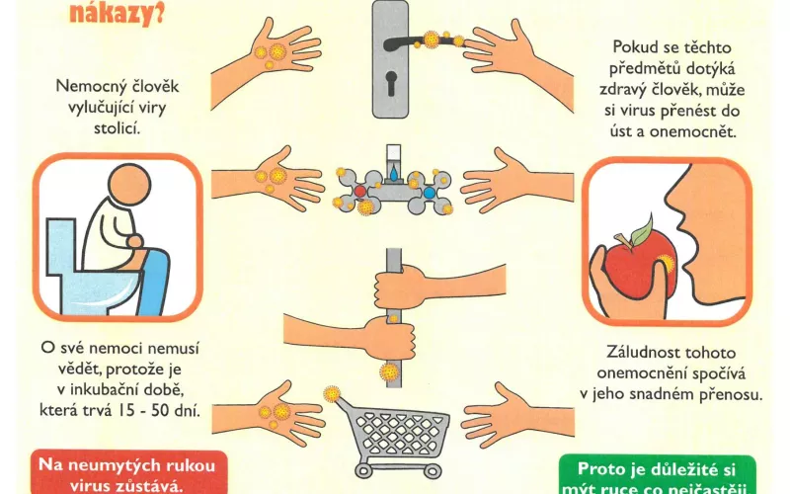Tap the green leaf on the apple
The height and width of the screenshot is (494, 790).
point(641,232)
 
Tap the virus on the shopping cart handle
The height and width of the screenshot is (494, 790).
point(333,393)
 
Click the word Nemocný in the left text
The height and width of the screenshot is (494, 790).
point(94,85)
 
